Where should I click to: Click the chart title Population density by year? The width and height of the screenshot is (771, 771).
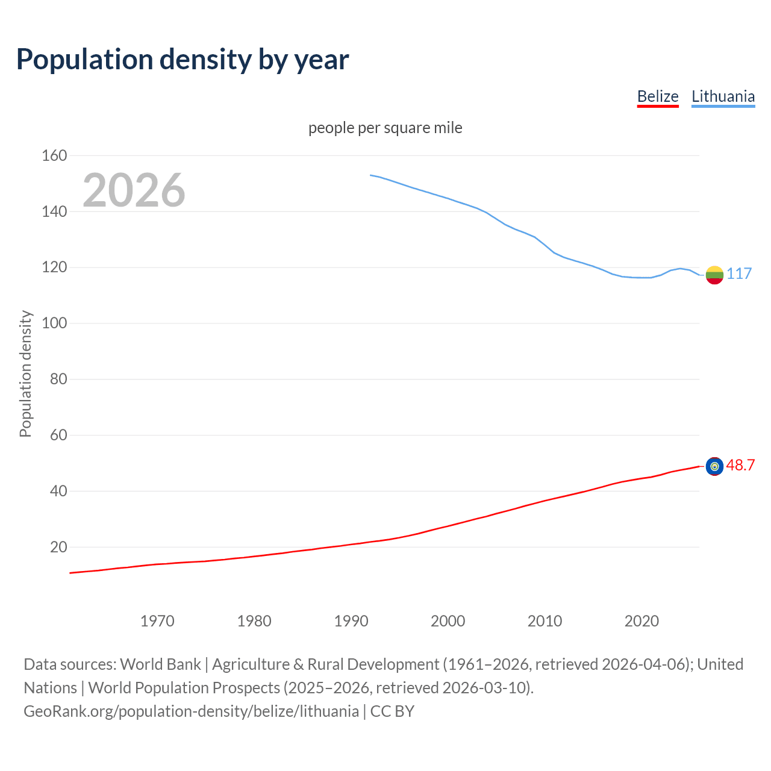tap(183, 60)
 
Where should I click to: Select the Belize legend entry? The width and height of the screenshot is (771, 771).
tap(658, 96)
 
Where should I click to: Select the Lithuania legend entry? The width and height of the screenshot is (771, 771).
tap(723, 96)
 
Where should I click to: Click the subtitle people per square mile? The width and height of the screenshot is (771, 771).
tap(385, 128)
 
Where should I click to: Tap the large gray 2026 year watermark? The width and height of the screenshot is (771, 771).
tap(134, 190)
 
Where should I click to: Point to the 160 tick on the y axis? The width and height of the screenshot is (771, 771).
tap(54, 155)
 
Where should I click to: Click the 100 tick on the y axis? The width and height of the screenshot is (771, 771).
tap(54, 323)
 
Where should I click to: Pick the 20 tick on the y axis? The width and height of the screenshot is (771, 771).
tap(58, 547)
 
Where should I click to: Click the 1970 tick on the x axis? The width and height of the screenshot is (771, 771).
tap(157, 621)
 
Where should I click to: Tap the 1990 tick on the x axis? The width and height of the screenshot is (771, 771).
tap(351, 621)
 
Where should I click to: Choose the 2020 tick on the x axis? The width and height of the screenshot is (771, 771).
tap(641, 621)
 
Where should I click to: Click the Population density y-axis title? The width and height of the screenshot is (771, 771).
tap(25, 373)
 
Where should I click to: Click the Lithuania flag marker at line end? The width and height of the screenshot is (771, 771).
tap(714, 275)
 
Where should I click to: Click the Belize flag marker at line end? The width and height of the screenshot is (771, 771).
tap(714, 466)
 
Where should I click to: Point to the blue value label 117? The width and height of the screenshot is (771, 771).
tap(739, 273)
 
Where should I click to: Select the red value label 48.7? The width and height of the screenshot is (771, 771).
tap(740, 465)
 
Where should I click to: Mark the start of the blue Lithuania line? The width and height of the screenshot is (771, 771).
tap(370, 175)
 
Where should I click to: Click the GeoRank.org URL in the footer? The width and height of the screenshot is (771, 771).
tap(191, 711)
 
